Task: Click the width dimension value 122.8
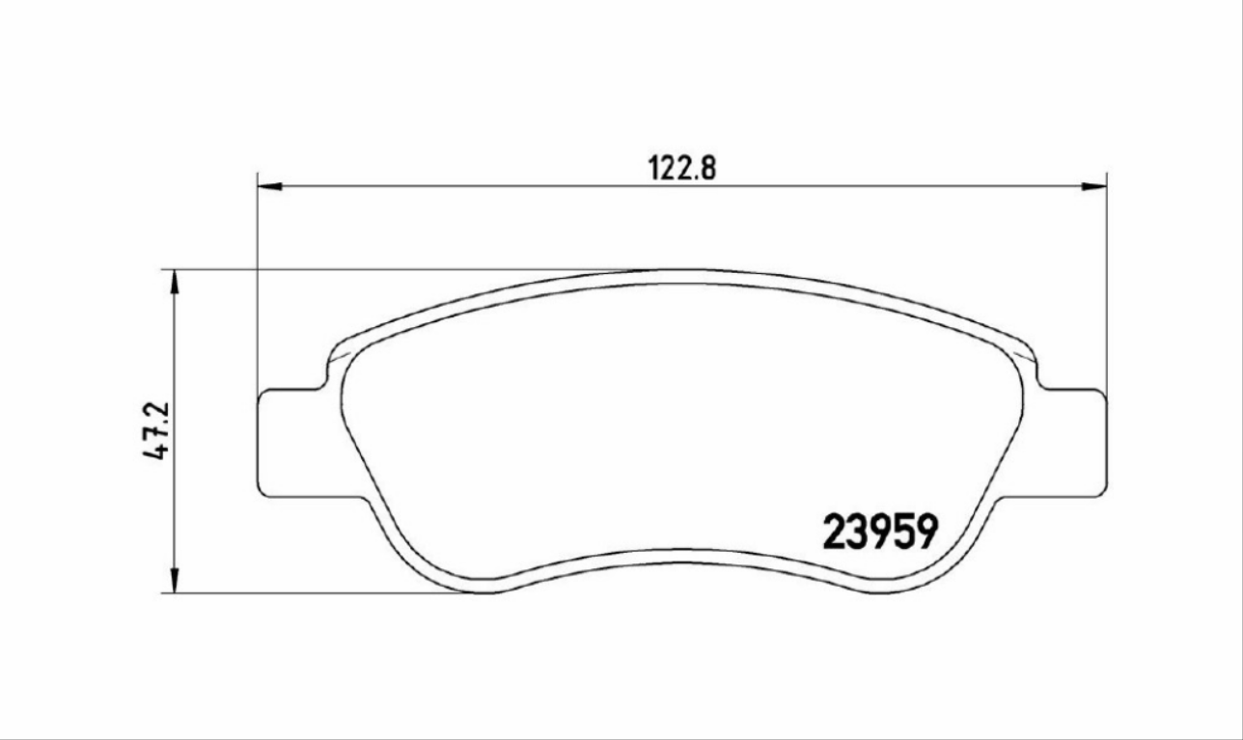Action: pyautogui.click(x=682, y=168)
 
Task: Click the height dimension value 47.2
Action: pyautogui.click(x=156, y=431)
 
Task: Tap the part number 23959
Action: pyautogui.click(x=880, y=532)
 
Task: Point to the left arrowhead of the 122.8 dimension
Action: pyautogui.click(x=270, y=186)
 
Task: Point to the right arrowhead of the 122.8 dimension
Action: pyautogui.click(x=1093, y=186)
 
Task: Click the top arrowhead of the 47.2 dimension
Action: pyautogui.click(x=175, y=283)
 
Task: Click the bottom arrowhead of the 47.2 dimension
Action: pyautogui.click(x=175, y=580)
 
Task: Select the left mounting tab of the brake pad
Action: pyautogui.click(x=294, y=443)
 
